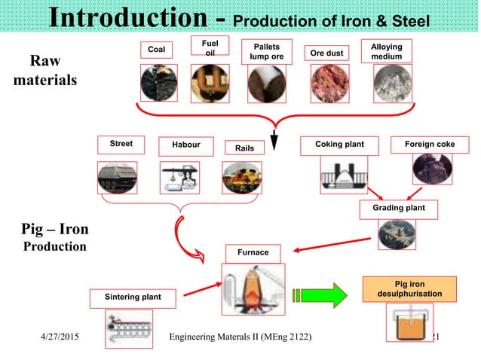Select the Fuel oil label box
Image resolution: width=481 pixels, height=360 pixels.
[x=210, y=47]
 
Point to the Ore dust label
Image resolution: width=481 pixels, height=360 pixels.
[x=327, y=53]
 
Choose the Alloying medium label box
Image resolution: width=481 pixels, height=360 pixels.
[x=387, y=50]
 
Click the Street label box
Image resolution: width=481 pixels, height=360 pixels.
[x=121, y=144]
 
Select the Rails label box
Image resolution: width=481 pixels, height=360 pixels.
[x=244, y=148]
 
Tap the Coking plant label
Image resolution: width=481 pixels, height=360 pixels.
[x=339, y=144]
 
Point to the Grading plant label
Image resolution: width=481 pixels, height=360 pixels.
[x=399, y=208]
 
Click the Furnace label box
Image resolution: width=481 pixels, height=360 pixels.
[x=253, y=252]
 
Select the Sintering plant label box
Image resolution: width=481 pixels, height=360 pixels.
[x=133, y=298]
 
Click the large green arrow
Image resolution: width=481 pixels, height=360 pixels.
[x=318, y=294]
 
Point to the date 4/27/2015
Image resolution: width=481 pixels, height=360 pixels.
[x=63, y=336]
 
